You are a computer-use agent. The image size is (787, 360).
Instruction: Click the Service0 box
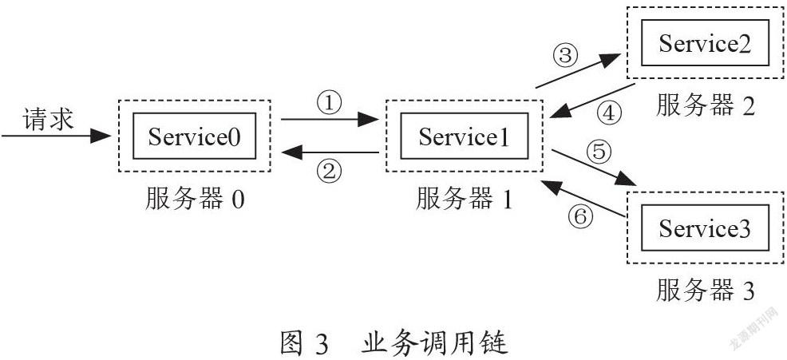(194, 136)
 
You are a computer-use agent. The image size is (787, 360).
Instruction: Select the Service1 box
(465, 136)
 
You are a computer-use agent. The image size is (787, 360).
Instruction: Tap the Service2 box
(706, 42)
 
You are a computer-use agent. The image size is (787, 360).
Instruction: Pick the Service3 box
(706, 228)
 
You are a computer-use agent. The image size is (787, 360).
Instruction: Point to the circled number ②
(330, 172)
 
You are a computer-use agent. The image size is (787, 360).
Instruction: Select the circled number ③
(565, 55)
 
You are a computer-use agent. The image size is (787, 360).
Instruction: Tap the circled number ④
(608, 113)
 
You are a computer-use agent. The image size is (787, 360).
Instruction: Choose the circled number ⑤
(599, 152)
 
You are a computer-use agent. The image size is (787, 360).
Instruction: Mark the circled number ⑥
(580, 216)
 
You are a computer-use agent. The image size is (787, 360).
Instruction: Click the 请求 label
(49, 120)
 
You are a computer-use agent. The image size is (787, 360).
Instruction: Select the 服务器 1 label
(464, 200)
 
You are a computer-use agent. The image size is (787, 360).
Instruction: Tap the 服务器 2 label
(706, 105)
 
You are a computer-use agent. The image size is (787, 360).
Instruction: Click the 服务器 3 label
(706, 291)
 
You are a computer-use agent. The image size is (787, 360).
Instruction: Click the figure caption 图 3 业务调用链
(394, 344)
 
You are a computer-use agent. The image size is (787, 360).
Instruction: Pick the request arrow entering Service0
(56, 136)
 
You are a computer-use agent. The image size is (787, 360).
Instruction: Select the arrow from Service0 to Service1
(330, 120)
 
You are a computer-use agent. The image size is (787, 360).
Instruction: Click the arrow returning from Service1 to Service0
(330, 152)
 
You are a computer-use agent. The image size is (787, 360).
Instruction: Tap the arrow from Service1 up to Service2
(578, 71)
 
